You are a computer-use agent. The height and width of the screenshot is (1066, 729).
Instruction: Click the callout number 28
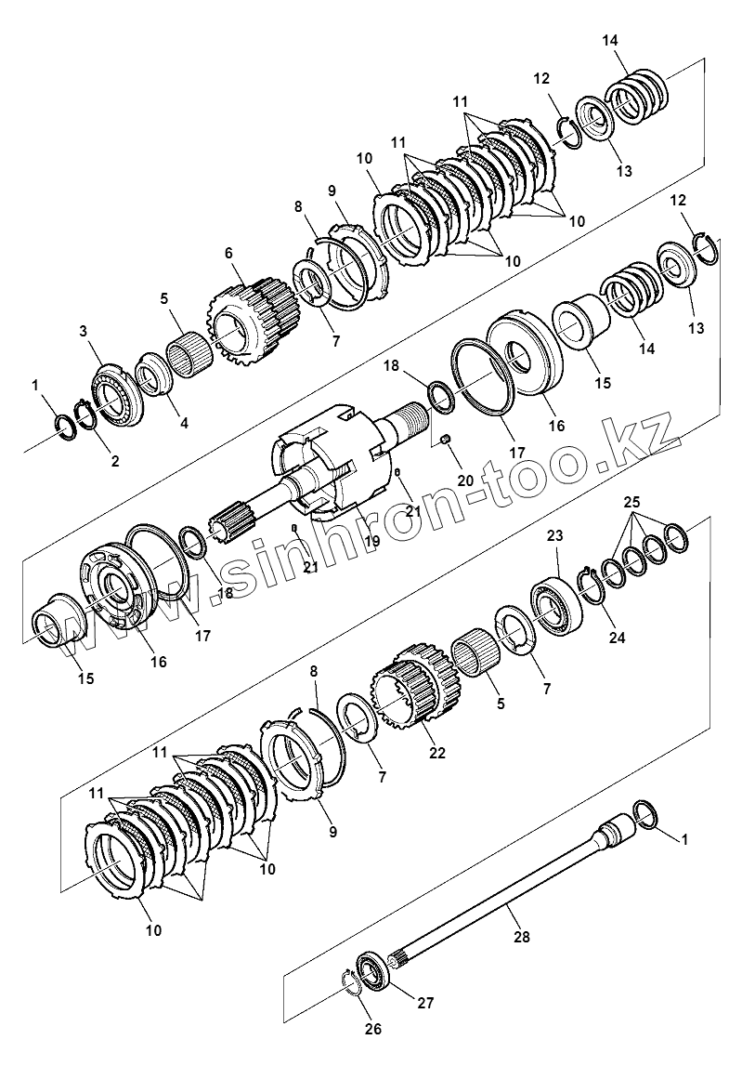[521, 937]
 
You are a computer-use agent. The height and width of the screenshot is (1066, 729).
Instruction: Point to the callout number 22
[437, 753]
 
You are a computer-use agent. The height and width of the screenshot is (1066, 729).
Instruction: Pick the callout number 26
[373, 1029]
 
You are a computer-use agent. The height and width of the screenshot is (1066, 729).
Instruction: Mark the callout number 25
[631, 502]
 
